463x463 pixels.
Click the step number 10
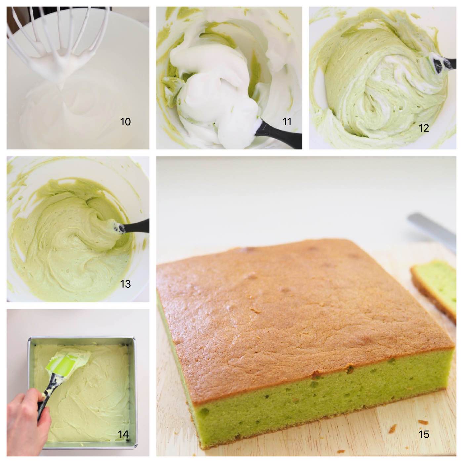125,122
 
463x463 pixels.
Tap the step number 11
287,122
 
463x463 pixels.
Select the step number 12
424,128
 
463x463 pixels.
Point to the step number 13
125,284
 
